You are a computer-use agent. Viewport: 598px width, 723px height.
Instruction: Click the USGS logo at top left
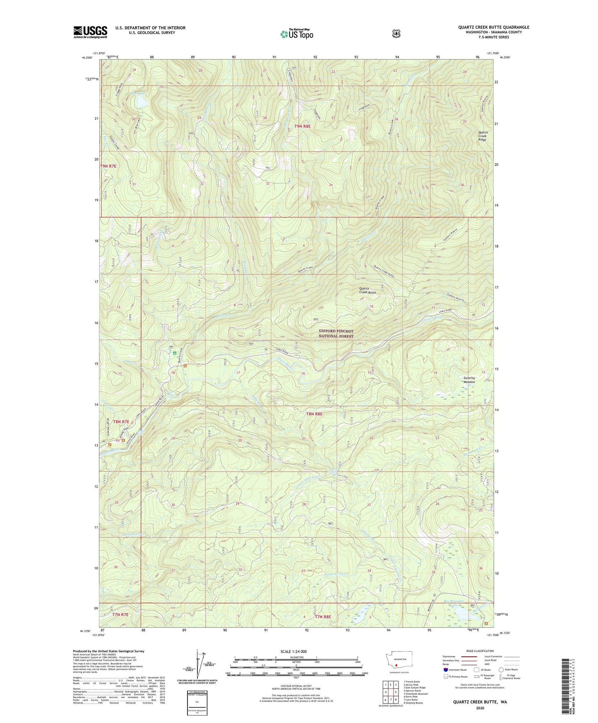click(90, 32)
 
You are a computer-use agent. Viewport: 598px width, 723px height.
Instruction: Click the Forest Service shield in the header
click(396, 34)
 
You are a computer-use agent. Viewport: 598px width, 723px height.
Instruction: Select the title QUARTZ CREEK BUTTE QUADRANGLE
click(493, 27)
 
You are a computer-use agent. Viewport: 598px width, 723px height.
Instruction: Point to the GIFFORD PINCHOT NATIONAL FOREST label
click(336, 334)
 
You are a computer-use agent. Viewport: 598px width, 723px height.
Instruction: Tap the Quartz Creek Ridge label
click(482, 136)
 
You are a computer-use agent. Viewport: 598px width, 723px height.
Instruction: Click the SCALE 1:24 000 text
click(293, 651)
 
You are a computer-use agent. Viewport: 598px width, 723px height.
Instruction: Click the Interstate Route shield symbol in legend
click(445, 670)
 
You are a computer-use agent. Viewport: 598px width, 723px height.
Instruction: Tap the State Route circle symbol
click(501, 670)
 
